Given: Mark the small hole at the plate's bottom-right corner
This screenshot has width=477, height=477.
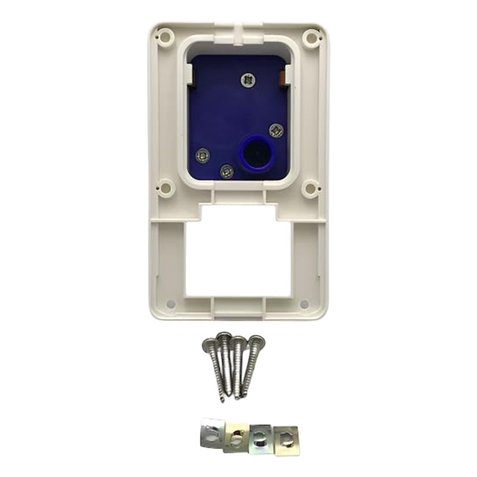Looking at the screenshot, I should coord(304,304).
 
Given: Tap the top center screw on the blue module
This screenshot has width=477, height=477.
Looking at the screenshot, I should coord(247,80).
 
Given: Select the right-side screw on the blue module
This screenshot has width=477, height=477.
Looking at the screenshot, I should coord(276,129).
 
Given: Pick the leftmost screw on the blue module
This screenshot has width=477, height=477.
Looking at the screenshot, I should coord(202,155).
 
